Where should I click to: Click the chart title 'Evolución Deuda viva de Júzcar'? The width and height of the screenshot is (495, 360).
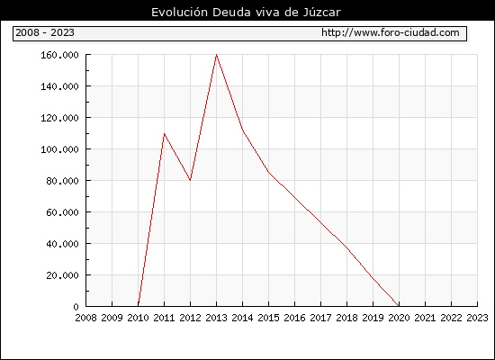coord(246,13)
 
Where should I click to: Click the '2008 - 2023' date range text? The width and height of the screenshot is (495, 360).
coord(45,32)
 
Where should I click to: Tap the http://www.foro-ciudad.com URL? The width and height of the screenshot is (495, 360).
coord(391,32)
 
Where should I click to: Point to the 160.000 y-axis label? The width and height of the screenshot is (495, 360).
coord(59,55)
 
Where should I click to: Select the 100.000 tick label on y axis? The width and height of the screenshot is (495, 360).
coord(59,149)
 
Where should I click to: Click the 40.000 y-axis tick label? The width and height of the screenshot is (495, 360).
coord(62,244)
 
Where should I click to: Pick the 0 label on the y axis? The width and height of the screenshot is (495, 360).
coord(76,307)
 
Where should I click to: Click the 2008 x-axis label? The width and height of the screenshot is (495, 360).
coord(85,318)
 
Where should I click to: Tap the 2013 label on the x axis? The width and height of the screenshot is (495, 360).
coord(216,318)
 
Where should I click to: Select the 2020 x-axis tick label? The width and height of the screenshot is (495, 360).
coord(399,318)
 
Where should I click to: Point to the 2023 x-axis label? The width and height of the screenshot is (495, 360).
coord(477,318)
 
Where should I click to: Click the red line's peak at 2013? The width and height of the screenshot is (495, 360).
coord(216,55)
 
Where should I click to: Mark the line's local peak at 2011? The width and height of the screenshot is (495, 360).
coord(164,134)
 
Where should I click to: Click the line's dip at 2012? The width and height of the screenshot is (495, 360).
coord(191,180)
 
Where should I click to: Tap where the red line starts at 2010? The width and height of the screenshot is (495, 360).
coord(139,306)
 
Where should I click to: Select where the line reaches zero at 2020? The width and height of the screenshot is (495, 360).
coord(399,306)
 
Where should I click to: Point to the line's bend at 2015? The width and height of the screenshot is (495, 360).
coord(269,172)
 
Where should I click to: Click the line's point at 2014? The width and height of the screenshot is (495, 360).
coord(242,130)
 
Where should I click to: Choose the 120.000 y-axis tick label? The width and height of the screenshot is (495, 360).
coord(59,118)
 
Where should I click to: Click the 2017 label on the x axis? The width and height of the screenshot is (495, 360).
coord(320,318)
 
